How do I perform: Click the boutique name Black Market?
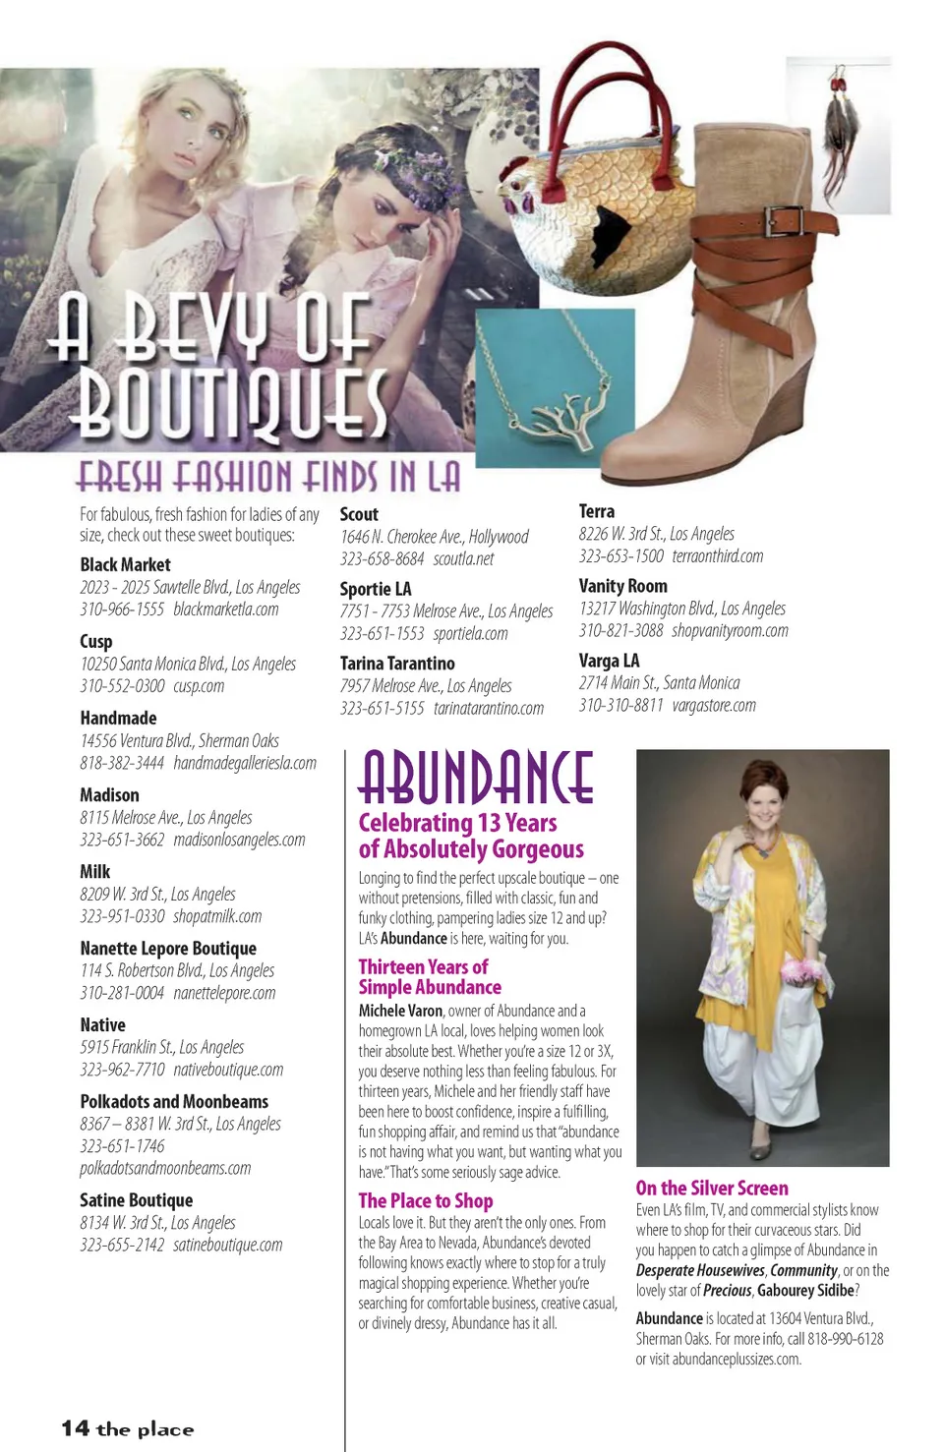coord(125,564)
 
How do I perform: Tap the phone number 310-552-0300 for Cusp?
coord(122,686)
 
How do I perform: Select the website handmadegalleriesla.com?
coord(245,763)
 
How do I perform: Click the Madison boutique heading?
coord(109,794)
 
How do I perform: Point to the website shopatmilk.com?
coord(217,916)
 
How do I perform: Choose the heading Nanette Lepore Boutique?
coord(168,948)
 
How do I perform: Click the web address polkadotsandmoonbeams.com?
coord(165,1168)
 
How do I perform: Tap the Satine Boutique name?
coord(136,1199)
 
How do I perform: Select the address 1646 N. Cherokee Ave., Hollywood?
coord(434,537)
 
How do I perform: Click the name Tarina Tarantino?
coord(397,664)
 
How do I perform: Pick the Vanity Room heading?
coord(622,586)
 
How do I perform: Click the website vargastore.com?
coord(714,705)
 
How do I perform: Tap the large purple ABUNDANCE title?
coord(476,777)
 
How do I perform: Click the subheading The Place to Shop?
coord(426,1200)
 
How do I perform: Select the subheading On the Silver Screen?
coord(712,1188)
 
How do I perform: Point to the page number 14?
coord(75,1428)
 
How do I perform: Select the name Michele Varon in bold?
coord(400,1011)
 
